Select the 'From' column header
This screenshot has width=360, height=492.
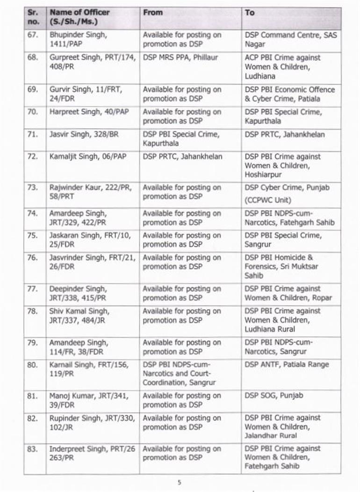point(152,13)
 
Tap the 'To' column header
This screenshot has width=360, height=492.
point(250,13)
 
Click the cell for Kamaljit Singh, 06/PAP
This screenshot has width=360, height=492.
point(88,157)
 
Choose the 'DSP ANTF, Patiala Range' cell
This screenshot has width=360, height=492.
point(287,365)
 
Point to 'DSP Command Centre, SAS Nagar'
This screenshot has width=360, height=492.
point(290,40)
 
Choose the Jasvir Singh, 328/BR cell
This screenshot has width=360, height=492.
point(84,135)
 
